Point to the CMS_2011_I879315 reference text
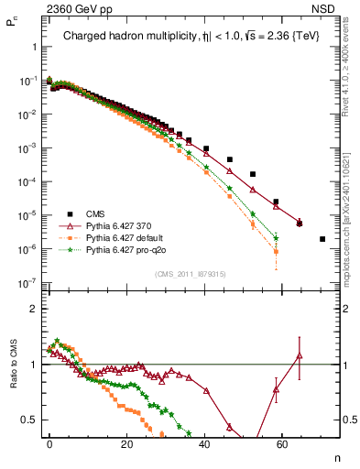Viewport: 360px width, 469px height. click(191, 273)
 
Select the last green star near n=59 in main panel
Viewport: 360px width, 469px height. click(276, 238)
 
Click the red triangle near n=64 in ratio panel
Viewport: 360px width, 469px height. click(299, 355)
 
